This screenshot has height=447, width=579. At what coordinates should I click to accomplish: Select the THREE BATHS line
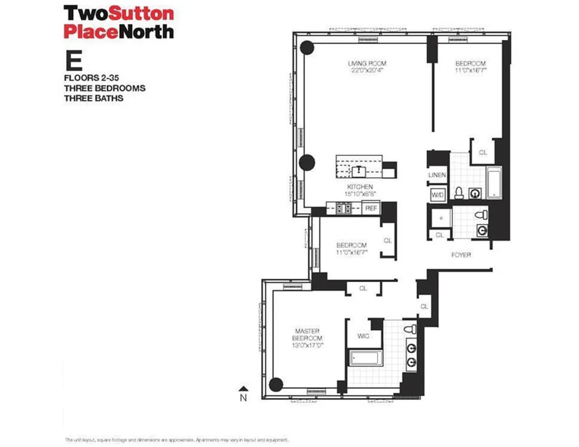(93, 98)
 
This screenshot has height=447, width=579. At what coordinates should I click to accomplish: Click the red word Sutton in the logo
(134, 12)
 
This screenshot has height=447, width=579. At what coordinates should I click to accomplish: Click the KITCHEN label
(360, 187)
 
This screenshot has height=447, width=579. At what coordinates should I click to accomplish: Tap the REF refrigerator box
(371, 208)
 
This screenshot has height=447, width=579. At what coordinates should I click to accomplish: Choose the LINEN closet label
(437, 175)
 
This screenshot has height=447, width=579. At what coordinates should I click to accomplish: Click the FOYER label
(462, 255)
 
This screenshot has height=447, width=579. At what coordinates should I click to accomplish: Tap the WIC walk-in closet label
(364, 336)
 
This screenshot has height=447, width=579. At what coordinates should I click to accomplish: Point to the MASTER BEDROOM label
(307, 334)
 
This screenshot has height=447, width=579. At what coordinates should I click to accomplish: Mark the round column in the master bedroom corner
(275, 384)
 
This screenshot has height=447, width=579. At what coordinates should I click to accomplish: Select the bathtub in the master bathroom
(365, 358)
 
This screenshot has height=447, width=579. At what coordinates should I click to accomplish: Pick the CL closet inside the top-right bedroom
(482, 151)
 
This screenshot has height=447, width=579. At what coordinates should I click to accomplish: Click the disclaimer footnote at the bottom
(176, 440)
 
